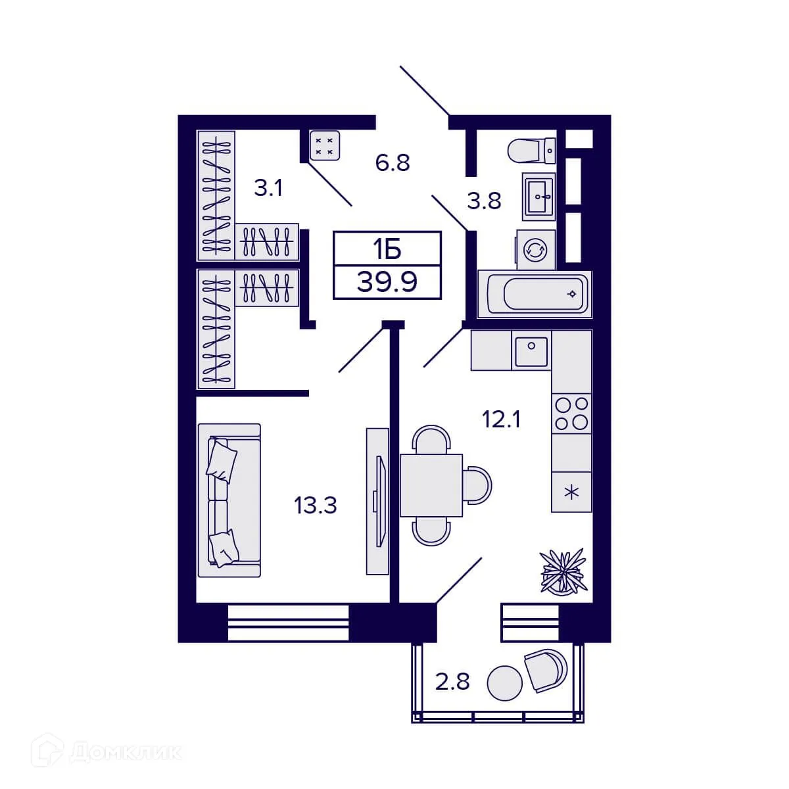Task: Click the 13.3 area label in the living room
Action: click(316, 506)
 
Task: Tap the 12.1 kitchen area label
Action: click(501, 419)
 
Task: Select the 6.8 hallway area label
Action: click(393, 162)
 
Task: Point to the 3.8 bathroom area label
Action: click(484, 201)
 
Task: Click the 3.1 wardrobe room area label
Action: click(268, 189)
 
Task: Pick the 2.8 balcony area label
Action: click(452, 682)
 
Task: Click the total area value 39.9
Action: click(387, 283)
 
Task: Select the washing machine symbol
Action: click(536, 250)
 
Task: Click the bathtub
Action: click(535, 293)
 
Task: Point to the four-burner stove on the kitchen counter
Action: click(571, 414)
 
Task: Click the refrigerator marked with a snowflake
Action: click(571, 492)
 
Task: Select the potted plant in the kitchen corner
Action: click(562, 570)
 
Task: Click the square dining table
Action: click(431, 485)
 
